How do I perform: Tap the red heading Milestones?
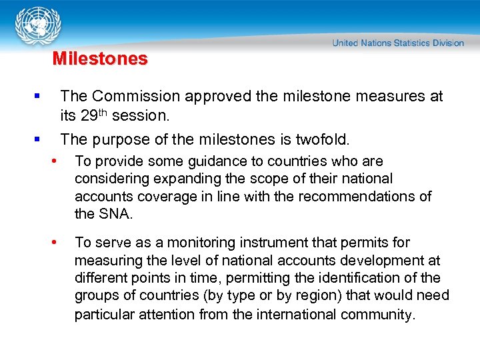point(100,59)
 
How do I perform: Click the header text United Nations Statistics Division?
point(398,43)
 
